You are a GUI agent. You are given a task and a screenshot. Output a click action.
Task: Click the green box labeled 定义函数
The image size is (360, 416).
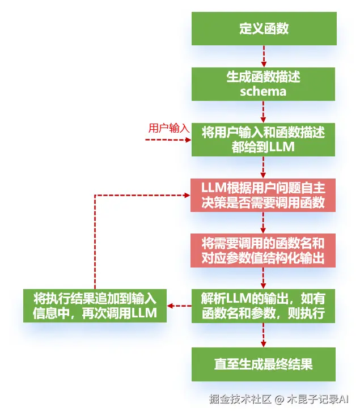pos(264,29)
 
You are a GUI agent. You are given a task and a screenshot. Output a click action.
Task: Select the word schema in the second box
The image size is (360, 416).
pos(263,91)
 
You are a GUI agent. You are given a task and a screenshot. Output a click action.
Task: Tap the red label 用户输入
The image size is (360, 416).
pos(168,128)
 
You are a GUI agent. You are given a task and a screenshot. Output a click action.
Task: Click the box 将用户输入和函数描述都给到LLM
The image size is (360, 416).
pos(264,139)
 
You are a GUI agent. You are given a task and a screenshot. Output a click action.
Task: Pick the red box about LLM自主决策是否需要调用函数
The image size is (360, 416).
pos(264,195)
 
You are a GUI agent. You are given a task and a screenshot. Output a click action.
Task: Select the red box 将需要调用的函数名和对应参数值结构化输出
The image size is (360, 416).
pos(264,251)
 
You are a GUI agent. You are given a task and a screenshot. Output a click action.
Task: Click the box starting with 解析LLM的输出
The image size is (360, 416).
pos(264,306)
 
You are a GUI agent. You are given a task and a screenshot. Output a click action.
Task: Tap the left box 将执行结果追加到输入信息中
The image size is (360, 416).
pos(95,306)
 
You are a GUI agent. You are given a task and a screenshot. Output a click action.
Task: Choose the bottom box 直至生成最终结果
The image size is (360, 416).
pos(264,363)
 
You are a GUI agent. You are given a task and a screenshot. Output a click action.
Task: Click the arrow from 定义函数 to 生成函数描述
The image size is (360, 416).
pos(264,57)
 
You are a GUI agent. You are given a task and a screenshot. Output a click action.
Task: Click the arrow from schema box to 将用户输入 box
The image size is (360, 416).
pos(264,112)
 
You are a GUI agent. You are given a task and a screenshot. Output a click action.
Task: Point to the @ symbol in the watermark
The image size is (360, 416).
pos(279,400)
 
